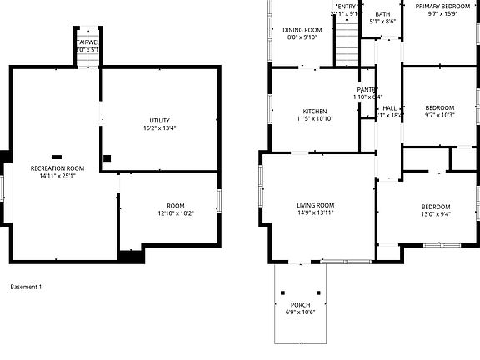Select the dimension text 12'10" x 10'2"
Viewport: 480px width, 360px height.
(x=175, y=213)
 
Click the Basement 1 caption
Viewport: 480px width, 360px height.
(x=26, y=287)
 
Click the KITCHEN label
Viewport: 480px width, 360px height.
(x=314, y=111)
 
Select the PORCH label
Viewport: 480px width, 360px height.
(x=301, y=305)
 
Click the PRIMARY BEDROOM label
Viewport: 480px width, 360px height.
(x=442, y=6)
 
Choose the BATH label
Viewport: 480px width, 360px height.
(x=382, y=14)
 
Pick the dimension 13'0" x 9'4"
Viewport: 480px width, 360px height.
(x=435, y=214)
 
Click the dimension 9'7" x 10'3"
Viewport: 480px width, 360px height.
(x=439, y=115)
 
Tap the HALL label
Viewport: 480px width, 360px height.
(x=389, y=108)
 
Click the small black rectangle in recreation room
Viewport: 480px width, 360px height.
(x=57, y=156)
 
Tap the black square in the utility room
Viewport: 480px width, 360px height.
(x=107, y=157)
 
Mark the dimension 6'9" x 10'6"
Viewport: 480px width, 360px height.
(x=301, y=312)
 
